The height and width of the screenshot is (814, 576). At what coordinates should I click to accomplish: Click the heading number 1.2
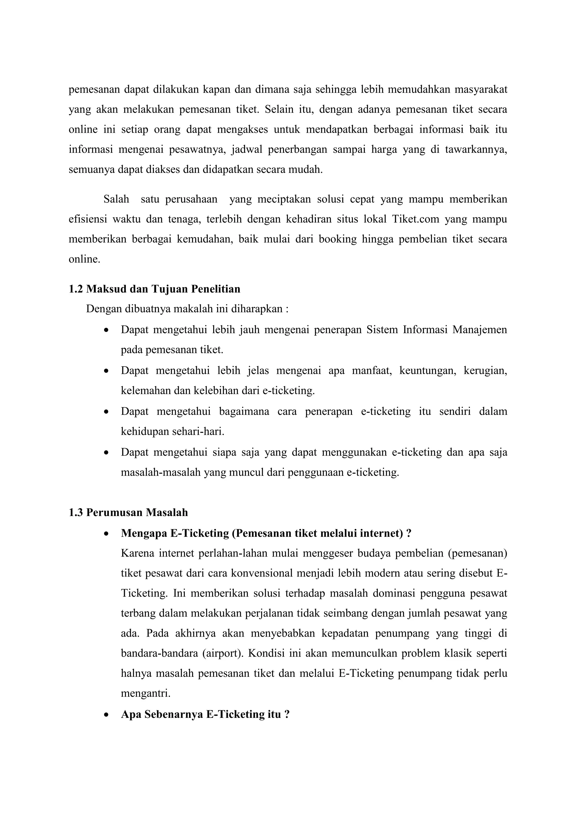[76, 289]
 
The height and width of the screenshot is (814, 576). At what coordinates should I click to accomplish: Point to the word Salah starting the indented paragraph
[116, 199]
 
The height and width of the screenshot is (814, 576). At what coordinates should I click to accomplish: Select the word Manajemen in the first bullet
[480, 330]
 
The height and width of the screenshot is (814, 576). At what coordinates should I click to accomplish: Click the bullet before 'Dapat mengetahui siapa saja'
[106, 453]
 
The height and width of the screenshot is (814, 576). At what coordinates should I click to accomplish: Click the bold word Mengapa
[144, 533]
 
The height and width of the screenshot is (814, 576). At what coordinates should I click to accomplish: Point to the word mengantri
[145, 693]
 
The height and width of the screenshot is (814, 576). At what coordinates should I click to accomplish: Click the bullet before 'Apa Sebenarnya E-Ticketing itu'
[106, 715]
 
